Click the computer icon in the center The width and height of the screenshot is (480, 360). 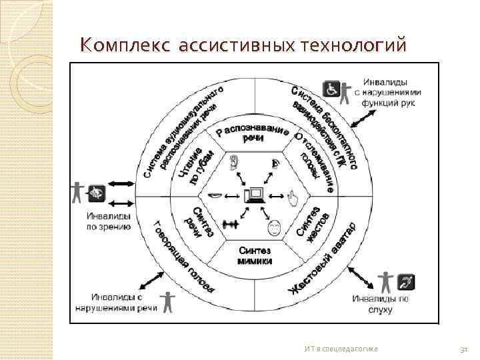click(x=254, y=195)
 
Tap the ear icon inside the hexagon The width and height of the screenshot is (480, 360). click(x=234, y=162)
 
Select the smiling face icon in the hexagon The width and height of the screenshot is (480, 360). click(x=273, y=228)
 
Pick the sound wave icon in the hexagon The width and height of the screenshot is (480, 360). click(x=231, y=225)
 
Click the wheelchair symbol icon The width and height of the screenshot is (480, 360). click(x=331, y=89)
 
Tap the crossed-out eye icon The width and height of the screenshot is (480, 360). click(x=97, y=192)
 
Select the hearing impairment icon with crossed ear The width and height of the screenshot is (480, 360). click(x=406, y=281)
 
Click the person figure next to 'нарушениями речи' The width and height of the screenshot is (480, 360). click(x=166, y=301)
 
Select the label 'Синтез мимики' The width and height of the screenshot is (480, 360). click(x=254, y=255)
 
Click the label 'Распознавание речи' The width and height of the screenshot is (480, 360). click(x=253, y=133)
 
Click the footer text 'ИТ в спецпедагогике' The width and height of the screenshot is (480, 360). click(x=341, y=348)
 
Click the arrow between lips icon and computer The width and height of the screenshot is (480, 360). click(x=233, y=195)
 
